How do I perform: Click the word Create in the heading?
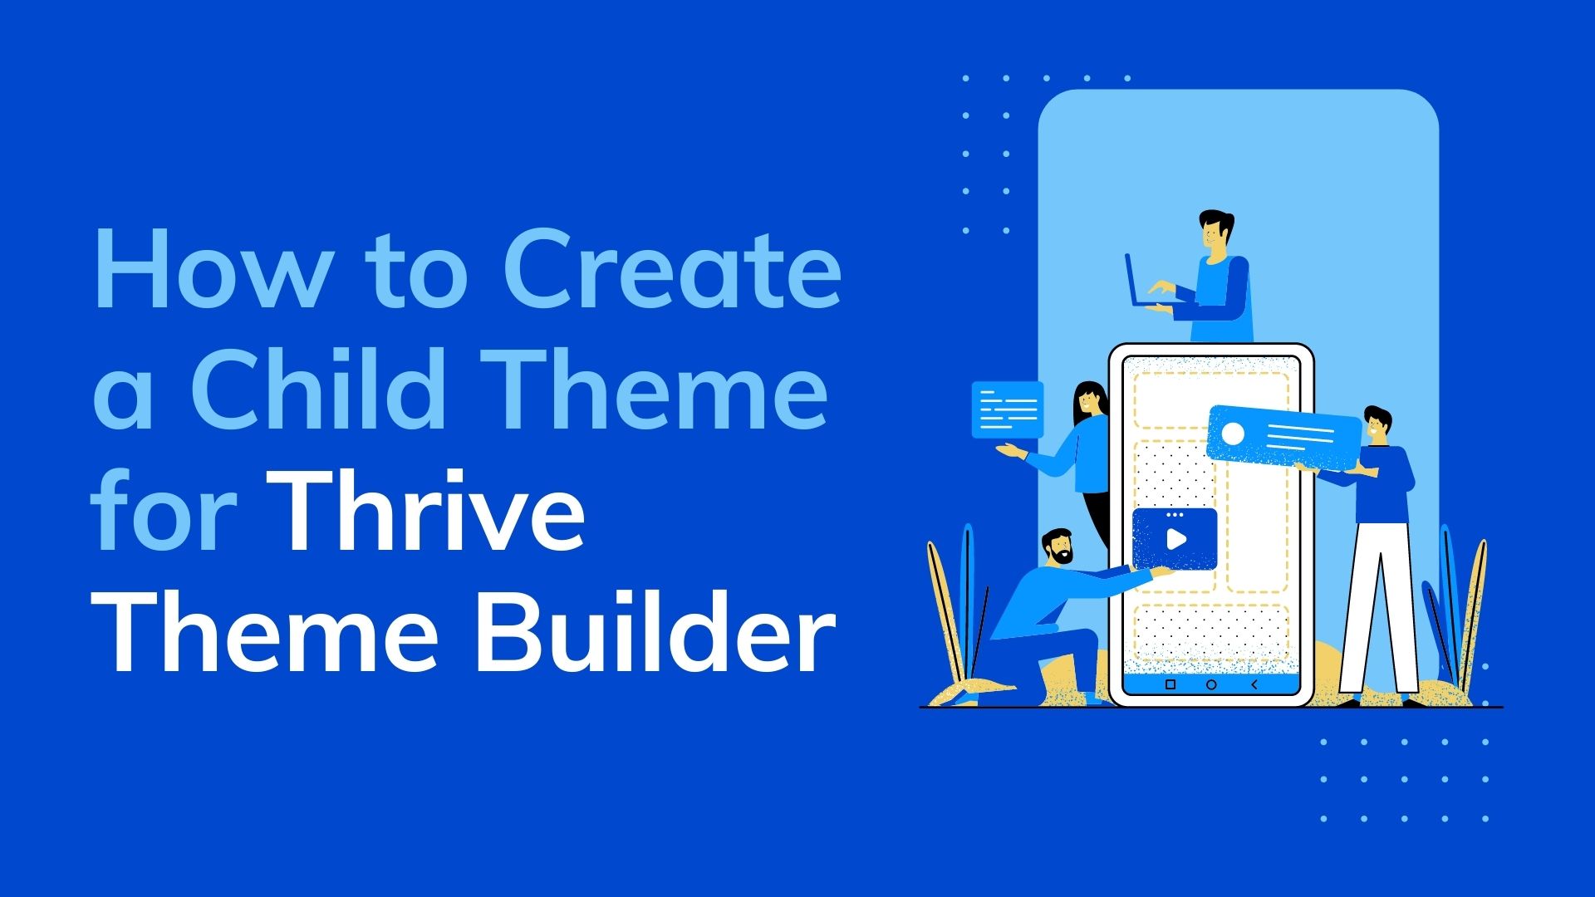click(x=673, y=267)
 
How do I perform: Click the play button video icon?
click(x=1175, y=538)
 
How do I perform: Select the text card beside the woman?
click(x=1008, y=409)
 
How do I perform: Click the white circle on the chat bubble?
click(x=1233, y=434)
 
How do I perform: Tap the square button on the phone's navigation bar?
click(x=1170, y=684)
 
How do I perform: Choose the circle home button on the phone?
click(x=1211, y=684)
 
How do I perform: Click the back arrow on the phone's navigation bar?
click(x=1254, y=684)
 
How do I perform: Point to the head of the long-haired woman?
click(x=1089, y=403)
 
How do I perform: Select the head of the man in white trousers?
click(x=1377, y=425)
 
